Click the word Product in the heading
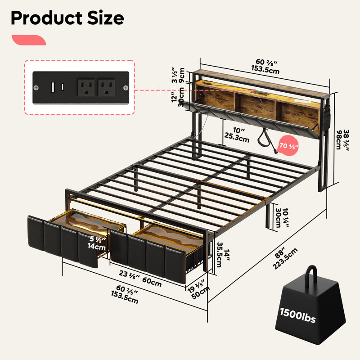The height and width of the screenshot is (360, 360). tap(47, 18)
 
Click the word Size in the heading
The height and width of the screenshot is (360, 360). tap(106, 18)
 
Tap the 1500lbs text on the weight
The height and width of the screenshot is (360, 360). tap(297, 315)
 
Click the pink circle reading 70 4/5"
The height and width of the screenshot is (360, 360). tap(288, 146)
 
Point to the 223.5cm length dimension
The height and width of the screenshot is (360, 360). tap(285, 259)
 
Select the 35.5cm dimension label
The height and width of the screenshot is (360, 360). tap(219, 255)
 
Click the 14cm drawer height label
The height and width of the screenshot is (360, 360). tap(96, 247)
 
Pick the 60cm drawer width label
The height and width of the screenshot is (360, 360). tap(152, 282)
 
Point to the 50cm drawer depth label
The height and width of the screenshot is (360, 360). tap(200, 293)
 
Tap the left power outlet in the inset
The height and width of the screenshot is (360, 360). tap(86, 88)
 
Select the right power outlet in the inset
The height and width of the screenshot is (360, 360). tap(107, 88)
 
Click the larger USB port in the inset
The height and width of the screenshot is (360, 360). tap(53, 87)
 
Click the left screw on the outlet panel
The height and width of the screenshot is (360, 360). tap(36, 88)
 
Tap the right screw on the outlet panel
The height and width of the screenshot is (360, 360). tap(126, 88)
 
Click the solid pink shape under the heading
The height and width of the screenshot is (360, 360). tap(29, 40)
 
